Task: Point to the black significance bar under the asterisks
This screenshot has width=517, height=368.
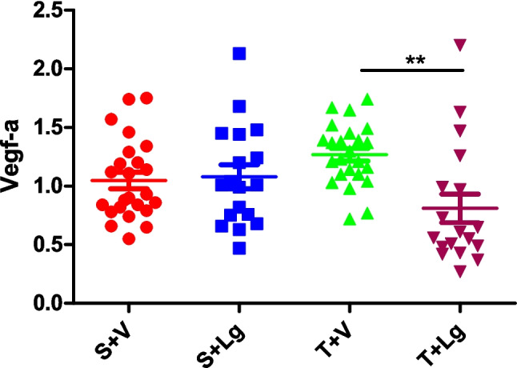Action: [412, 70]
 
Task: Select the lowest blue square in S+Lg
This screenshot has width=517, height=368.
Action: [239, 249]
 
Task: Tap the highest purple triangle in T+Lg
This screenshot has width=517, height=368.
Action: [459, 45]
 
